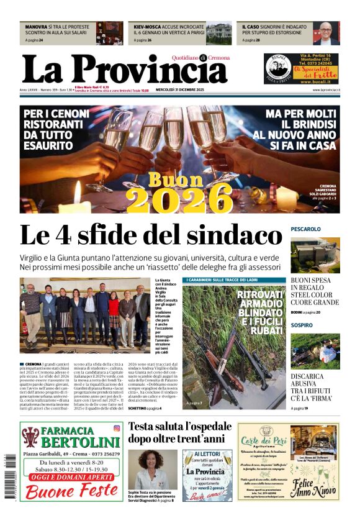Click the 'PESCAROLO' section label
[306, 229]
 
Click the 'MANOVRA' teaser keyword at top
[35, 27]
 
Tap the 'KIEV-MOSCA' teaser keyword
[148, 27]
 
